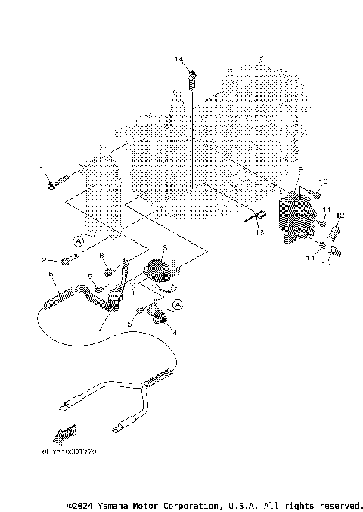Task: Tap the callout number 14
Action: tap(178, 59)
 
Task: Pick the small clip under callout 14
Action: tap(192, 76)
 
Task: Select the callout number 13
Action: tap(259, 233)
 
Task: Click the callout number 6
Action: tap(51, 274)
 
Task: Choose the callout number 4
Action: tap(175, 331)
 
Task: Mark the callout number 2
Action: tap(45, 259)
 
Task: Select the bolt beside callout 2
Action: tap(67, 262)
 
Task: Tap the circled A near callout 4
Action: tap(178, 304)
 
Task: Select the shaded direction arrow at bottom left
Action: tap(65, 434)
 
